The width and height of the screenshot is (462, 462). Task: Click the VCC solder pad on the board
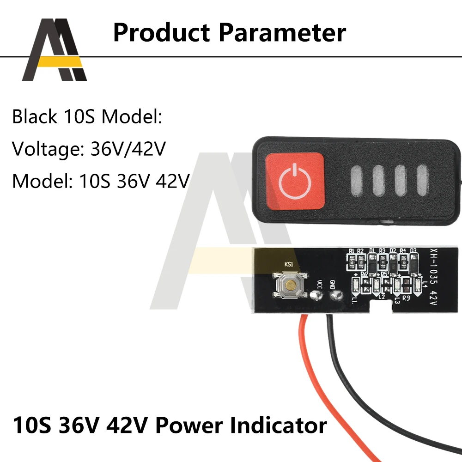coord(316,294)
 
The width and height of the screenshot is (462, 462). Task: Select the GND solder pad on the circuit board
coord(336,294)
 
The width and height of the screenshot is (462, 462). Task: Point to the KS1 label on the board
coord(289,265)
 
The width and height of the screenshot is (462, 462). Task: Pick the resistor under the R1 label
coord(352,263)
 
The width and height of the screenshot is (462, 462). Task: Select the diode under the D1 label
coord(372,263)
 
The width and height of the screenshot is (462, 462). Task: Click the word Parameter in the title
coord(282,33)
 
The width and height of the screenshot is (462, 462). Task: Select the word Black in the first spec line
coord(34,117)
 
